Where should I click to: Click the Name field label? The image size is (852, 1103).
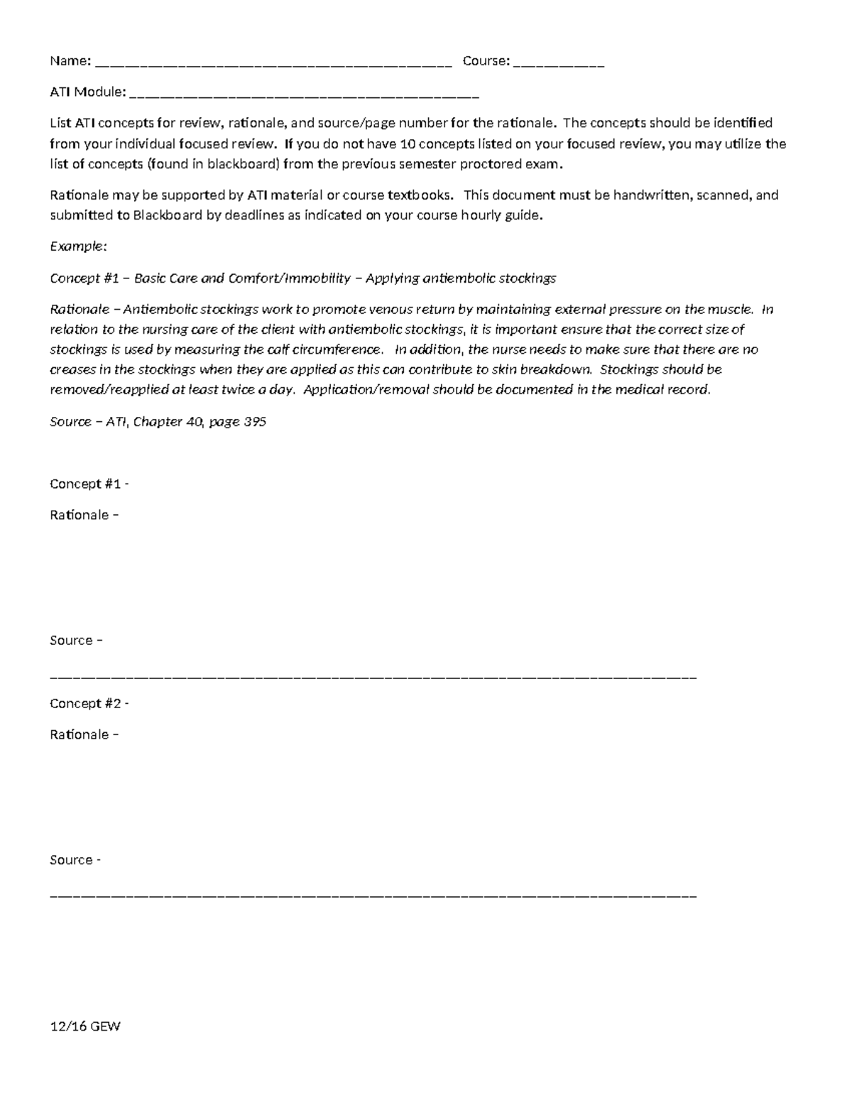point(70,61)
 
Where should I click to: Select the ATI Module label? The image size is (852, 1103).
point(87,92)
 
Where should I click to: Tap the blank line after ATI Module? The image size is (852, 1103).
point(305,94)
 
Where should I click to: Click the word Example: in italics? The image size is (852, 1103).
point(78,246)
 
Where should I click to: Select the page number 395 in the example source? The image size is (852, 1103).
point(255,422)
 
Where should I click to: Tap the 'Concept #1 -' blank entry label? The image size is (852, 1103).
point(89,484)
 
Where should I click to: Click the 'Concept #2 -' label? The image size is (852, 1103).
point(89,704)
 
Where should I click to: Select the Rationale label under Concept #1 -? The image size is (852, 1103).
point(83,515)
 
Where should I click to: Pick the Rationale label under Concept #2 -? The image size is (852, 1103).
point(83,735)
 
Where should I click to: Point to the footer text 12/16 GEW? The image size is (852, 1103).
point(85,1026)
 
